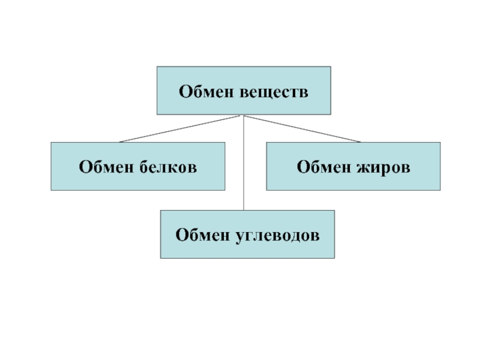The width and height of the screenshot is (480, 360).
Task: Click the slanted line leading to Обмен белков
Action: coord(180,129)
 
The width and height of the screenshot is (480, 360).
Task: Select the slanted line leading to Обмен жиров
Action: coord(303,129)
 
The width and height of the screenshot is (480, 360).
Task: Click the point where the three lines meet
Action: coord(243,115)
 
